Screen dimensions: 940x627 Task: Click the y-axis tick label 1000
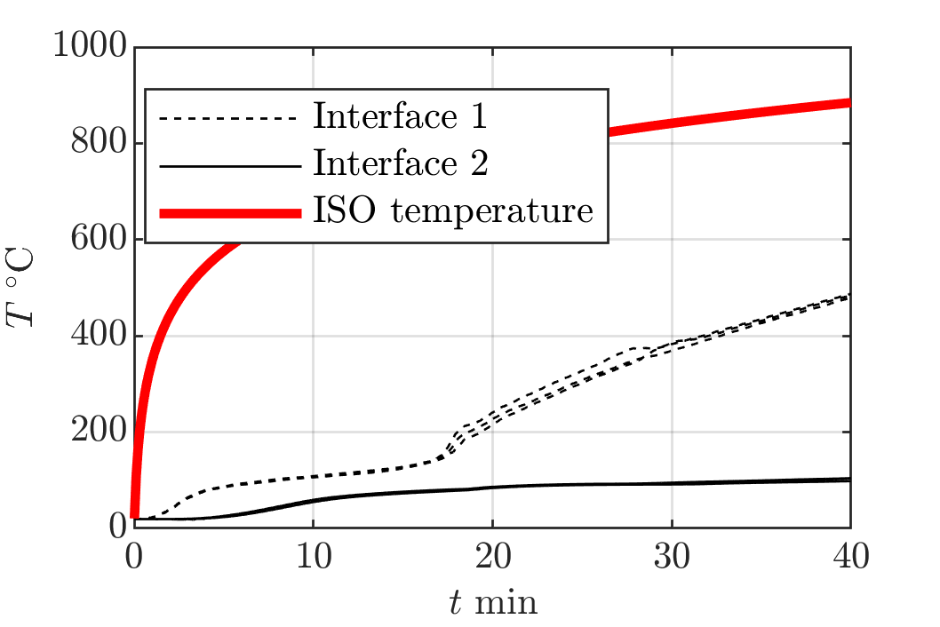(x=90, y=45)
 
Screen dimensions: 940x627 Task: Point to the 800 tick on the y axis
(x=99, y=142)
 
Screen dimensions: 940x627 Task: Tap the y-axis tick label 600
(x=99, y=239)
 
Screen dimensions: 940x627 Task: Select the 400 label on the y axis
(x=99, y=335)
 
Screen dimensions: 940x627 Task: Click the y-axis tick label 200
(x=99, y=431)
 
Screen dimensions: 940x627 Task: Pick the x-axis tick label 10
(x=314, y=557)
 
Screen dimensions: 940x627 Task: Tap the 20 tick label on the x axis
(x=493, y=557)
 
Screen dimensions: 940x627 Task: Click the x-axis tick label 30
(x=672, y=557)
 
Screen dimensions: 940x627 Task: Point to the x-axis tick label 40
(x=850, y=557)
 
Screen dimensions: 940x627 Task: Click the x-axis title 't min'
(x=493, y=602)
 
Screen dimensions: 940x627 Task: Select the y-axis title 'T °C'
(x=20, y=287)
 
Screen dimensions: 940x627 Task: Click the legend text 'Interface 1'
(x=400, y=115)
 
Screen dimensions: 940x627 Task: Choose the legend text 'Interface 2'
(x=401, y=163)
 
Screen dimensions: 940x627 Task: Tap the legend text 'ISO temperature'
(x=453, y=210)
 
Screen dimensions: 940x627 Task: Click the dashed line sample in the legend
(x=229, y=118)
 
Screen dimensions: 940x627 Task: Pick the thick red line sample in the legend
(x=230, y=213)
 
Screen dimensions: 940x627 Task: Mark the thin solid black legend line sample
(x=230, y=165)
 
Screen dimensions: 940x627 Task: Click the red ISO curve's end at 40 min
(x=850, y=103)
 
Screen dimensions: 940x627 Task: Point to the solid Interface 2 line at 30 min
(x=672, y=483)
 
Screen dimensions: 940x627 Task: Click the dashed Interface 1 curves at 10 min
(x=314, y=477)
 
